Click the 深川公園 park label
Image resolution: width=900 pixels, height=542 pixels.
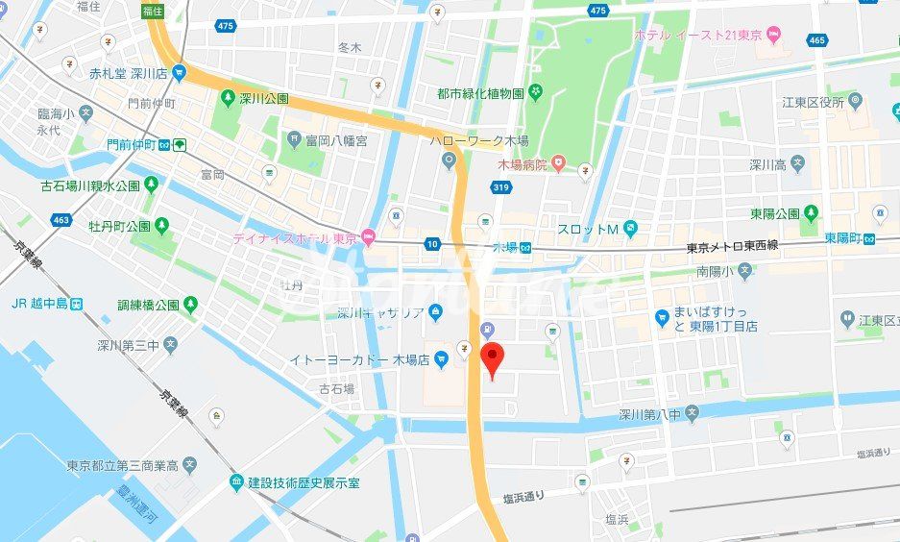tap(264, 98)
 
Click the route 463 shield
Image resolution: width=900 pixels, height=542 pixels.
tap(61, 220)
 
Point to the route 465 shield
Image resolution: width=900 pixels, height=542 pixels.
tap(817, 39)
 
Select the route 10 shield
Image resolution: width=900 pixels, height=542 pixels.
tap(432, 245)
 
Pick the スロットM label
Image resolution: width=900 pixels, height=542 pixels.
tap(587, 229)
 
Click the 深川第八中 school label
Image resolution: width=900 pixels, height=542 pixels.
tap(649, 414)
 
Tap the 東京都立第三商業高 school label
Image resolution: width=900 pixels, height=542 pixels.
tap(122, 466)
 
